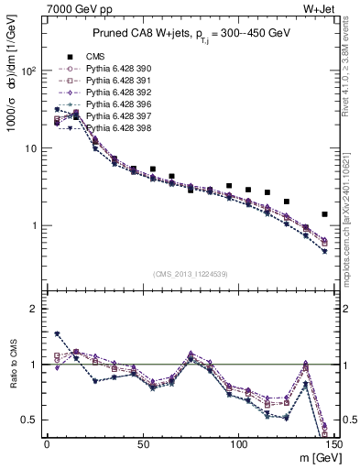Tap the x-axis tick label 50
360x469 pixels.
point(142,444)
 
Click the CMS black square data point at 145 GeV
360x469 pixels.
point(324,214)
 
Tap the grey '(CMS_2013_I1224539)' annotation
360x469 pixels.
point(190,273)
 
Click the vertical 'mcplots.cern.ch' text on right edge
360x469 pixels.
point(347,229)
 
